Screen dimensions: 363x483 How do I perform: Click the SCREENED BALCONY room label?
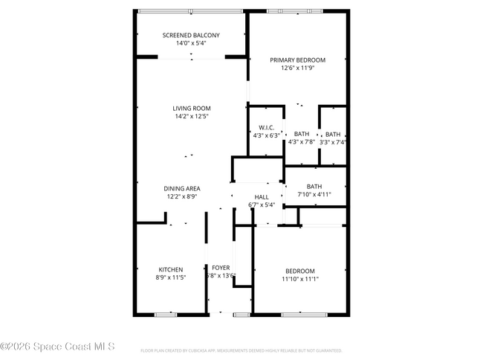(x=192, y=36)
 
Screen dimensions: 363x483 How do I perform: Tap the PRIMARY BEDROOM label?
(x=298, y=60)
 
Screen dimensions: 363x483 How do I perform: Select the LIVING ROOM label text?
(x=192, y=108)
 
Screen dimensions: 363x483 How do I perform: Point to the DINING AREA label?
(x=182, y=188)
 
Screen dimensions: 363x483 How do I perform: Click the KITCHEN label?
(x=171, y=269)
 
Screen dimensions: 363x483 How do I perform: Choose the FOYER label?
(x=221, y=268)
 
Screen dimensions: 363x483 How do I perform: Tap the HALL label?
(x=262, y=197)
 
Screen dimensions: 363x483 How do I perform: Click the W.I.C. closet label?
(x=267, y=127)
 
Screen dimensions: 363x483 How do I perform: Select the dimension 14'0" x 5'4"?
(x=192, y=43)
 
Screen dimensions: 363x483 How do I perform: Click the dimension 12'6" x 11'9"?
(x=298, y=68)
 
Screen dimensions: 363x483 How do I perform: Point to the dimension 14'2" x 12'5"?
(x=192, y=116)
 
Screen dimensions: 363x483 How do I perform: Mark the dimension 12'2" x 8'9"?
(x=182, y=196)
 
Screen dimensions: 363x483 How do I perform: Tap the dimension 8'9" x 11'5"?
(x=171, y=277)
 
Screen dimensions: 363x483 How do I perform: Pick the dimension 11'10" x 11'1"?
(x=300, y=278)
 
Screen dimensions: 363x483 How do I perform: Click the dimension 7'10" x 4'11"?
(x=314, y=194)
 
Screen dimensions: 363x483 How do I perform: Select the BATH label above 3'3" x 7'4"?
(x=333, y=135)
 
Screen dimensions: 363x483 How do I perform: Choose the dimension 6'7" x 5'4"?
(x=262, y=205)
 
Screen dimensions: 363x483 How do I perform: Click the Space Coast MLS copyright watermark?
(x=58, y=347)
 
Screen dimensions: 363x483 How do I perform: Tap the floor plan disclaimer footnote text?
(x=241, y=350)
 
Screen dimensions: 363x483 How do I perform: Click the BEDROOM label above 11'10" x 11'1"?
(x=300, y=271)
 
